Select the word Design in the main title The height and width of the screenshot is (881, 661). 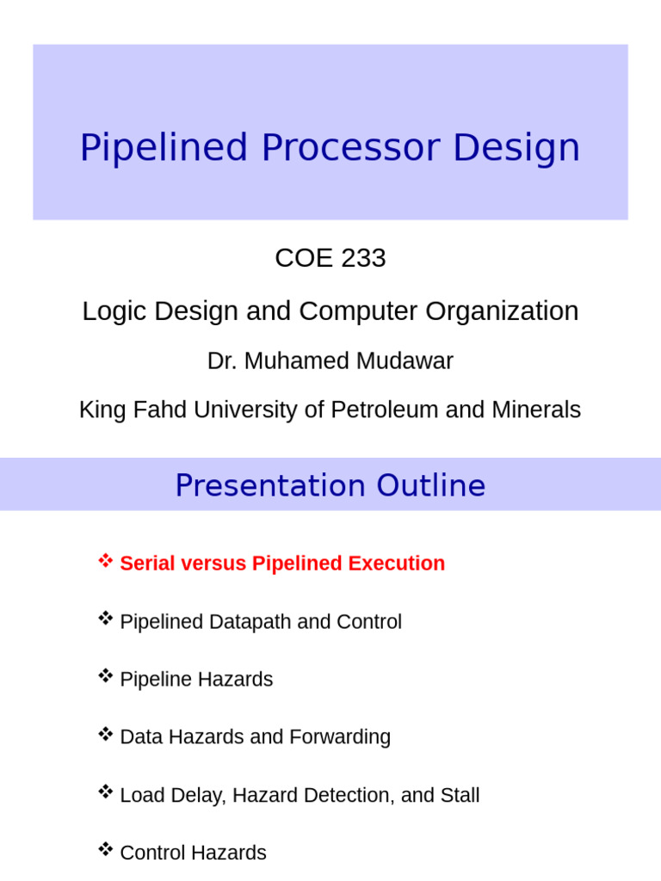[x=516, y=148]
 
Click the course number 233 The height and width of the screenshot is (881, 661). [x=362, y=258]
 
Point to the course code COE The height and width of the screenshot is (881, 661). [x=303, y=258]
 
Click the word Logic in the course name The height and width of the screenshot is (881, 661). [x=110, y=311]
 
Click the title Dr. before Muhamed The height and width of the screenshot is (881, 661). [x=222, y=361]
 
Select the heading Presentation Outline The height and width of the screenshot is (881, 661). [x=330, y=486]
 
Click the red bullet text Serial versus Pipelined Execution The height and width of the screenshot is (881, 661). [x=282, y=564]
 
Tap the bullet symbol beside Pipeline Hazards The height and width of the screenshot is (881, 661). [x=105, y=676]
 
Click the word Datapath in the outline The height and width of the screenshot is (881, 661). [x=250, y=622]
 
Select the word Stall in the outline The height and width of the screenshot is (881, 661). [x=460, y=796]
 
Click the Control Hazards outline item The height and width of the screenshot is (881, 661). [x=193, y=853]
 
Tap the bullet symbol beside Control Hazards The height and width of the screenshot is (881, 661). [x=105, y=850]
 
